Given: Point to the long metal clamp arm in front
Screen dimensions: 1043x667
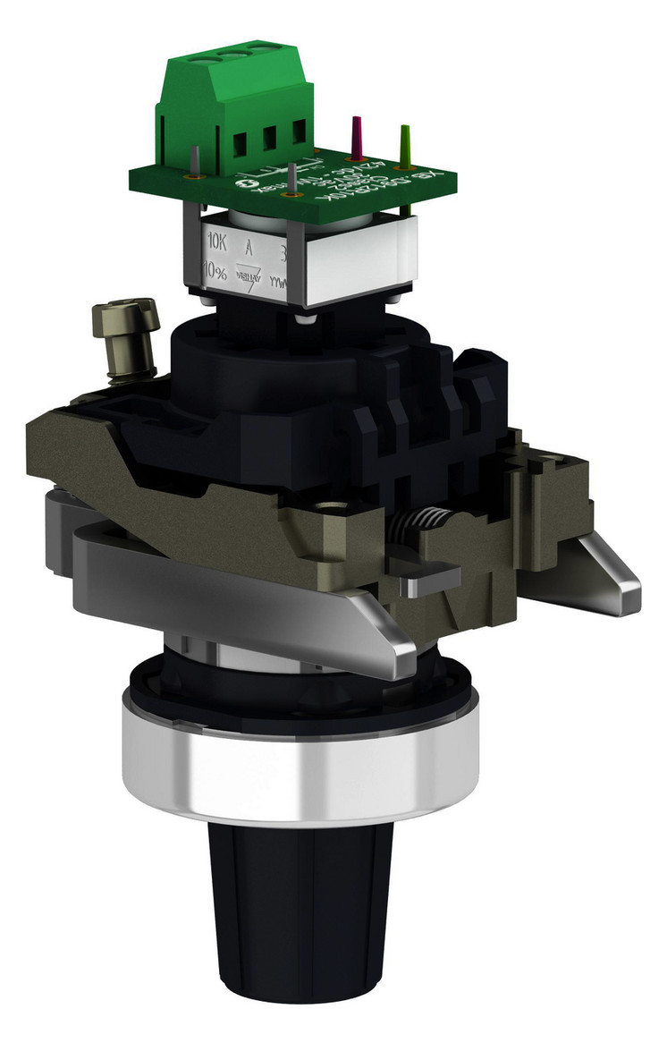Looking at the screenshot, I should [224, 590].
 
